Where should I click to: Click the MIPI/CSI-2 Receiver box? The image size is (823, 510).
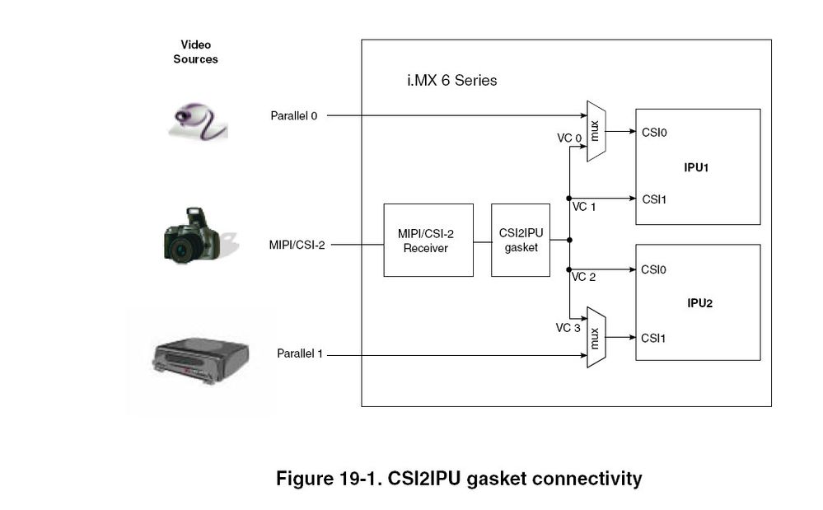click(428, 240)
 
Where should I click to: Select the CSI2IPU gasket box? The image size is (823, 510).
click(520, 240)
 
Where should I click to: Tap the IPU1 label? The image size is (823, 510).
click(698, 167)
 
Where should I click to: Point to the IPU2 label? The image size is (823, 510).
click(699, 302)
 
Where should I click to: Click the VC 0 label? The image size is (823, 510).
click(569, 138)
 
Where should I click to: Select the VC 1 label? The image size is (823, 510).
click(584, 207)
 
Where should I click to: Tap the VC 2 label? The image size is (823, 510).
click(584, 277)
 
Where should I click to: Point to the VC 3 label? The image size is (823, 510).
click(568, 328)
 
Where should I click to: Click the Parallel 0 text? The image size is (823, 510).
click(294, 116)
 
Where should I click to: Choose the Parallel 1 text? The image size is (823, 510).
click(300, 354)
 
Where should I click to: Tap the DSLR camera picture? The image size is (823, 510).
click(194, 236)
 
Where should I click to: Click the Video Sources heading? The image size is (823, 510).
click(195, 52)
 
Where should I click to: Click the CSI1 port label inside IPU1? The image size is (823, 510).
click(654, 199)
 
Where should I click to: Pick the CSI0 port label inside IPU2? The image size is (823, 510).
click(654, 269)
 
